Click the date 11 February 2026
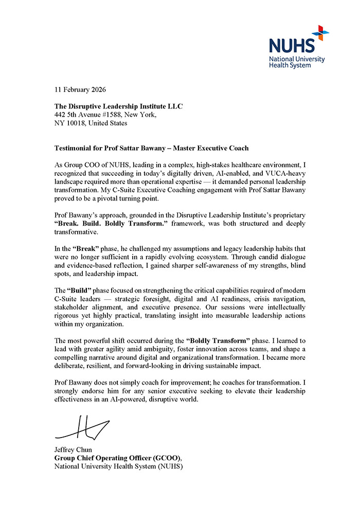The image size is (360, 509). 80,89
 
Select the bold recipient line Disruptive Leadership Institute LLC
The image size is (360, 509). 118,106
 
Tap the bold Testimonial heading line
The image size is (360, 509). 151,148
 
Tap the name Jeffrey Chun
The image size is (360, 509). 73,449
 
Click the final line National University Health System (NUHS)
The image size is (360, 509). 118,466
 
